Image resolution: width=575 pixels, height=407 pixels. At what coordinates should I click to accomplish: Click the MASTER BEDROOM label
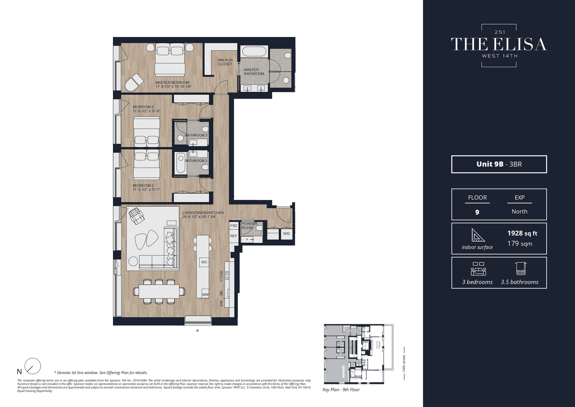point(172,82)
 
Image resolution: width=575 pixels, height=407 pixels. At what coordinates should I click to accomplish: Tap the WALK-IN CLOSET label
point(225,62)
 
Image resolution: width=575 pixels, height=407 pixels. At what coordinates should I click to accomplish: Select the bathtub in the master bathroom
point(254,51)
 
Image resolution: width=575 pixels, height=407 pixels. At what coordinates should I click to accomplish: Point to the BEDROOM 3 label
point(143,107)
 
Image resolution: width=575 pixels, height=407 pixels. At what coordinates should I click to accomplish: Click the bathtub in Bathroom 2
point(181,163)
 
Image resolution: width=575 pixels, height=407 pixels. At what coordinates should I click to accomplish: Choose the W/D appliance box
point(286,234)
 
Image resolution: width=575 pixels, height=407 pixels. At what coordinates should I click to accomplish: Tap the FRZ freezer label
point(234,226)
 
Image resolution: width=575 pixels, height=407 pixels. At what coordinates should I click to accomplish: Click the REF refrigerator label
point(234,236)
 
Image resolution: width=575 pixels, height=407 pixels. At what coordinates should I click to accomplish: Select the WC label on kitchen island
point(204,262)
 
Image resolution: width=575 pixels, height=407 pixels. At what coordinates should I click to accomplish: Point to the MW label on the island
point(205,295)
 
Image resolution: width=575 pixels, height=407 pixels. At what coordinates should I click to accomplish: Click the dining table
point(159,291)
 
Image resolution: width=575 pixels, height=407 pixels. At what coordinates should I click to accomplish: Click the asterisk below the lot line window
point(197,331)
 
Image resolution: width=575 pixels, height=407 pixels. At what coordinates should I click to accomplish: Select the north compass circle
point(32,366)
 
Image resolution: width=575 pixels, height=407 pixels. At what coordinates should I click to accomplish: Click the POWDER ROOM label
point(249,226)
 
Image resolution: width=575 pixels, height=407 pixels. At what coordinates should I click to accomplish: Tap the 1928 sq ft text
point(522,233)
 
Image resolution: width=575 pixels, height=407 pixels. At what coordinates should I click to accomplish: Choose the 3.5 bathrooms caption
point(519,282)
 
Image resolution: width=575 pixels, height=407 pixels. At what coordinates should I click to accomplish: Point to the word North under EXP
point(519,211)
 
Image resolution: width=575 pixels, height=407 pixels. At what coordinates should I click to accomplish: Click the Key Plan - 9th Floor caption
point(341,390)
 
